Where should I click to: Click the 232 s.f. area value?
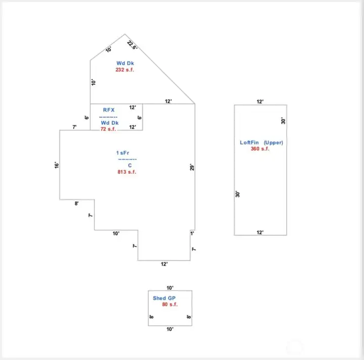(x=125, y=70)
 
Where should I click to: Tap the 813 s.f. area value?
(x=127, y=172)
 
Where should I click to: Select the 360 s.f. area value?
(x=260, y=149)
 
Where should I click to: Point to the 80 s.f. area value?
(x=170, y=304)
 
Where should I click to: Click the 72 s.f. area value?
(x=108, y=129)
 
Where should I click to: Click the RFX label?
(x=109, y=110)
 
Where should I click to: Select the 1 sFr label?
(x=122, y=153)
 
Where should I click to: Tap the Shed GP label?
(x=164, y=298)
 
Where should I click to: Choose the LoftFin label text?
(x=249, y=142)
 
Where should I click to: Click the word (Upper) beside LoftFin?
(x=274, y=142)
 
